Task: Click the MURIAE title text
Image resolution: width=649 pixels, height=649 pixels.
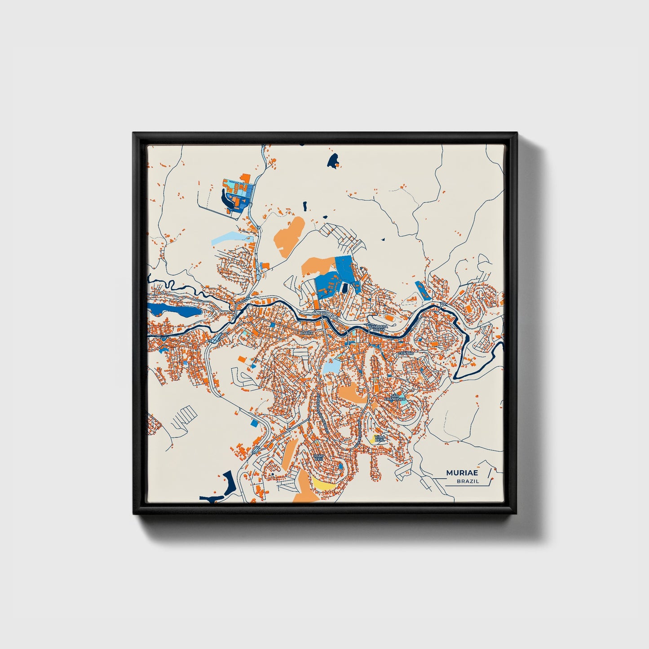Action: [x=462, y=473]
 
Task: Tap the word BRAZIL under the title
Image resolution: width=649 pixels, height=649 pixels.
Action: [x=468, y=481]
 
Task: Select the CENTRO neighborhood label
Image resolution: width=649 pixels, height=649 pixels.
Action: [x=406, y=353]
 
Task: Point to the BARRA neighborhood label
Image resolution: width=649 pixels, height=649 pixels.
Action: [x=306, y=333]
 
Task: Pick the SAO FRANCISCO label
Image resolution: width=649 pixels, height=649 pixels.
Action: [x=395, y=397]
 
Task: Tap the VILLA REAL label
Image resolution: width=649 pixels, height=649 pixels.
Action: [x=380, y=438]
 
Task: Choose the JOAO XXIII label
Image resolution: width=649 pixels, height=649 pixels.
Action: [x=318, y=457]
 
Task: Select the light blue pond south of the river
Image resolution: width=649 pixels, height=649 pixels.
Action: [x=331, y=366]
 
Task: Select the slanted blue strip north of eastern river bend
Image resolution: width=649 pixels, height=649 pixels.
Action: [x=423, y=291]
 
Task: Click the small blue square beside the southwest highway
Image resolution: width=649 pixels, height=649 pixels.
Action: [x=255, y=422]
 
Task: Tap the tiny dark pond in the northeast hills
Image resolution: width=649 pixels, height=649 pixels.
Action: [x=383, y=239]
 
